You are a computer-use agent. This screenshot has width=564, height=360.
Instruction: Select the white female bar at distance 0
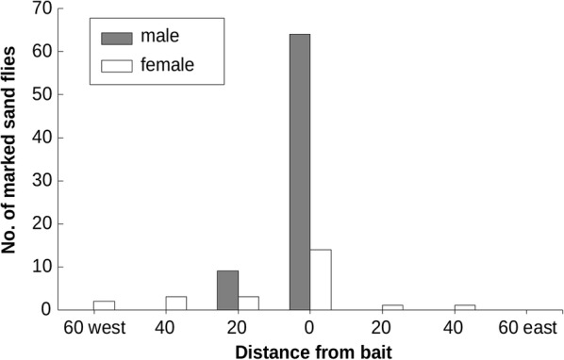tap(321, 279)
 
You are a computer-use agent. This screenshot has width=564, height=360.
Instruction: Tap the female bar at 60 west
tap(104, 305)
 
